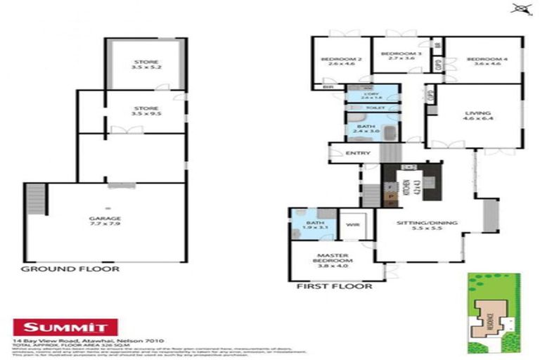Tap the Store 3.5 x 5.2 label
tap(146, 65)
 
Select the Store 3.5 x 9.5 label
tap(146, 111)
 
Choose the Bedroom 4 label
tap(483, 61)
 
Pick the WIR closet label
tap(352, 226)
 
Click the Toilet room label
tap(372, 108)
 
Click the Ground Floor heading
tap(70, 269)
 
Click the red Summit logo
tap(65, 327)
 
